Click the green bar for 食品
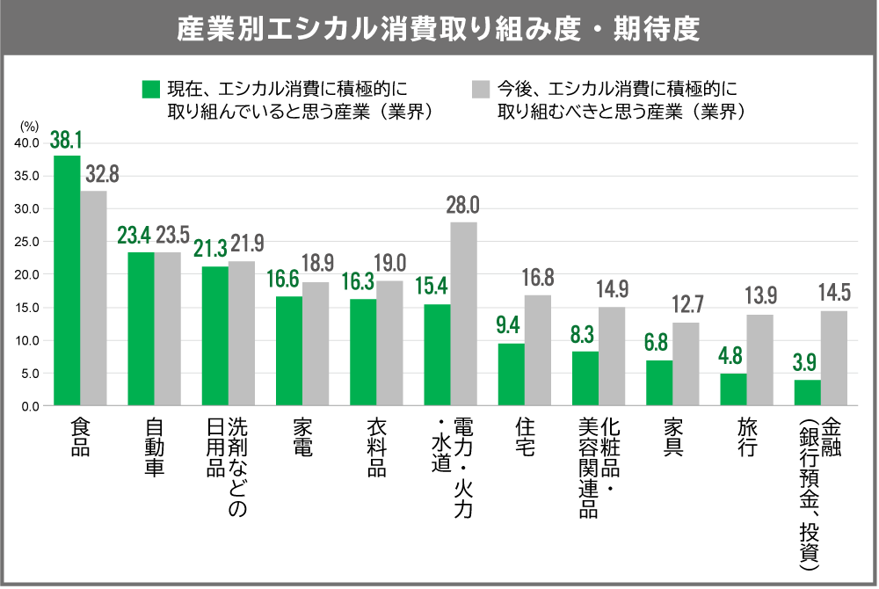point(67,280)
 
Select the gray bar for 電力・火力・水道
point(464,314)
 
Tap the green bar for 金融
point(807,393)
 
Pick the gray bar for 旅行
point(760,360)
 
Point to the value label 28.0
point(462,207)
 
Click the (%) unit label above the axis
point(29,127)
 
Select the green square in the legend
point(150,89)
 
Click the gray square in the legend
point(480,89)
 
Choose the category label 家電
point(302,437)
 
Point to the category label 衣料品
point(376,447)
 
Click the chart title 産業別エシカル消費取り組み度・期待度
point(439,28)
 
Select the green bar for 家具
point(659,383)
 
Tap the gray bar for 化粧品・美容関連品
point(612,357)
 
